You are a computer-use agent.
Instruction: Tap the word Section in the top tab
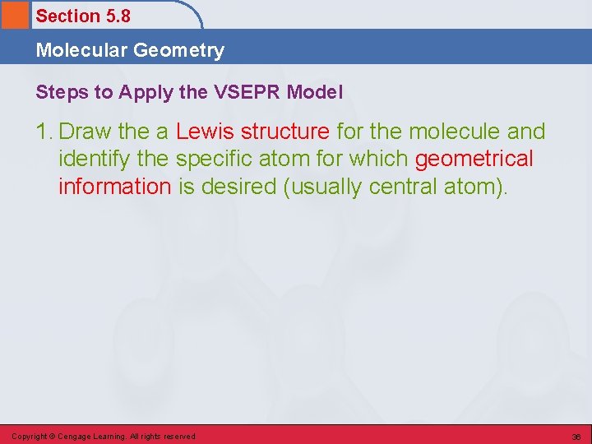point(65,16)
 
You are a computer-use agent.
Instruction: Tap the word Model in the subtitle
point(315,93)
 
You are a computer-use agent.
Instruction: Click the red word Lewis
point(206,132)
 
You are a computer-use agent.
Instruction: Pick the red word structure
point(284,132)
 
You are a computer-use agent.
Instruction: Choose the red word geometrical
point(474,159)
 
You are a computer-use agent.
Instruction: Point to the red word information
point(114,186)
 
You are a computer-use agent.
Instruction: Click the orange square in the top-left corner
point(14,15)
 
